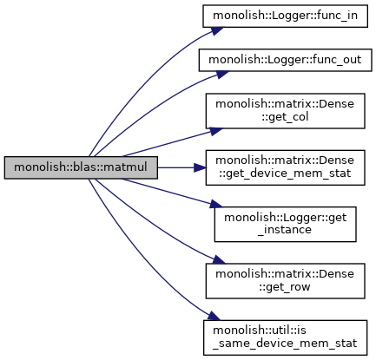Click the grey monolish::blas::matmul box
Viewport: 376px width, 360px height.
pyautogui.click(x=81, y=167)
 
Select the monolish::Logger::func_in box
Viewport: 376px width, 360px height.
pyautogui.click(x=285, y=16)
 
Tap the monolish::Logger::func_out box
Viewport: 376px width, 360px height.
pyautogui.click(x=285, y=60)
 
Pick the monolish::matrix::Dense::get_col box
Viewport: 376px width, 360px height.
pyautogui.click(x=285, y=111)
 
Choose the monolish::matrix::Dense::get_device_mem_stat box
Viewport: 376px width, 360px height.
pyautogui.click(x=285, y=167)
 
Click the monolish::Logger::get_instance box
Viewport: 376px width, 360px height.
pyautogui.click(x=285, y=225)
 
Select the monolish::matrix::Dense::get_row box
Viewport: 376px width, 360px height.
pyautogui.click(x=285, y=281)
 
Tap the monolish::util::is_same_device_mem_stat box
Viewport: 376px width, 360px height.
pyautogui.click(x=285, y=337)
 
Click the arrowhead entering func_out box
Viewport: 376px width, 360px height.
pyautogui.click(x=221, y=74)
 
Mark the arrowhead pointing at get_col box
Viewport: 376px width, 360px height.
pyautogui.click(x=215, y=131)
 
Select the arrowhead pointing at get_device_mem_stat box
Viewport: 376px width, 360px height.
pyautogui.click(x=200, y=167)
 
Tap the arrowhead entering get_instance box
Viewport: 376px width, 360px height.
pyautogui.click(x=216, y=204)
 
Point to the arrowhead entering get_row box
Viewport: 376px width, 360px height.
pyautogui.click(x=219, y=260)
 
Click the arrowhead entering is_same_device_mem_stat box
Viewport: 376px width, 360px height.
pyautogui.click(x=214, y=316)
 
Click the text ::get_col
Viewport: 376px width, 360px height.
pyautogui.click(x=285, y=117)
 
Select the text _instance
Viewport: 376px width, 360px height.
pyautogui.click(x=285, y=230)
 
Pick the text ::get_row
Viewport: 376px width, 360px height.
pyautogui.click(x=285, y=287)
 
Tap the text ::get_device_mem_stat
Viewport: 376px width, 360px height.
pyautogui.click(x=285, y=173)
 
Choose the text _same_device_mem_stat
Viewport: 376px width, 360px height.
pyautogui.click(x=285, y=344)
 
